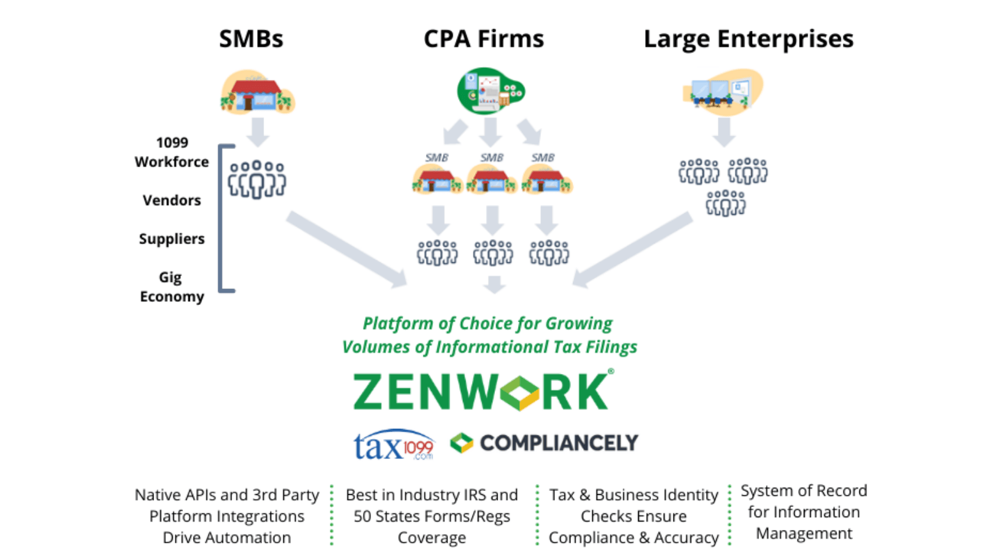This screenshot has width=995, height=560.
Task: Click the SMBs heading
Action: [251, 39]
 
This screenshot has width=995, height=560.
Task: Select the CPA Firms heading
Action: [483, 39]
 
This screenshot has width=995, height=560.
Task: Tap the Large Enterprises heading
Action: [748, 39]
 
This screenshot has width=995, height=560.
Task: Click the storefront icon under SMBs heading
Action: [257, 93]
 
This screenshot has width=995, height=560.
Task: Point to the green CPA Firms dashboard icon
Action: [490, 91]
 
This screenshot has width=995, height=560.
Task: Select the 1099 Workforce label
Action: [171, 152]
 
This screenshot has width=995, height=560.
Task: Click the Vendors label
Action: [171, 201]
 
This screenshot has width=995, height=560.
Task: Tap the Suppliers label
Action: [171, 239]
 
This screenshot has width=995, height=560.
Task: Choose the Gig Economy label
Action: [171, 287]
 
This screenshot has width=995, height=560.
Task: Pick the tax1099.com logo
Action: [394, 445]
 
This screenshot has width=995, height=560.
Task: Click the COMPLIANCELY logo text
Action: [558, 443]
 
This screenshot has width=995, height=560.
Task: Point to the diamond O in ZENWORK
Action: [520, 392]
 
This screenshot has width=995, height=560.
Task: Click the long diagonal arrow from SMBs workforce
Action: [346, 249]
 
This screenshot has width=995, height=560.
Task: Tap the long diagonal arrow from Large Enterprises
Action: [634, 249]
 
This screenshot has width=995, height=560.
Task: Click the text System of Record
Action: [803, 491]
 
